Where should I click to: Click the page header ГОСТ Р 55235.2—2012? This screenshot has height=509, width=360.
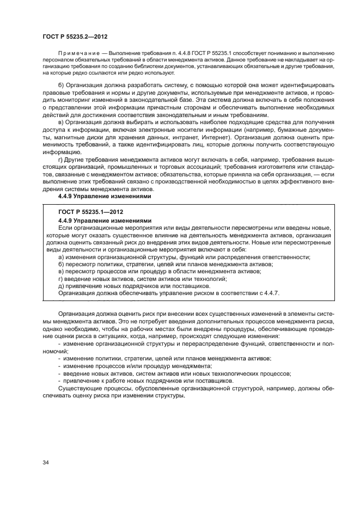(x=74, y=37)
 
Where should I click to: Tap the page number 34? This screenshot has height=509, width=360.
(x=45, y=463)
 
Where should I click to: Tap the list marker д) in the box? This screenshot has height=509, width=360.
(x=61, y=286)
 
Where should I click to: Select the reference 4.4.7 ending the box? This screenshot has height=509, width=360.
(x=270, y=293)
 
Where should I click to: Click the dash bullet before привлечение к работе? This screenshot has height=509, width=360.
(x=59, y=381)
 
